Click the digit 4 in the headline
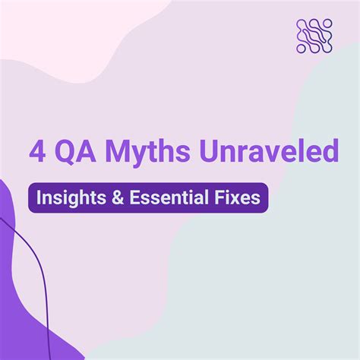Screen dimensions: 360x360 [x=36, y=151]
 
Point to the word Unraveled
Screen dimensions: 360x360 [x=267, y=151]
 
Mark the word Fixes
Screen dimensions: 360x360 [x=237, y=197]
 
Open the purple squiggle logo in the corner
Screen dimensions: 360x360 [x=313, y=36]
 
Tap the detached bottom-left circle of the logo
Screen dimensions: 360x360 [x=300, y=49]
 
